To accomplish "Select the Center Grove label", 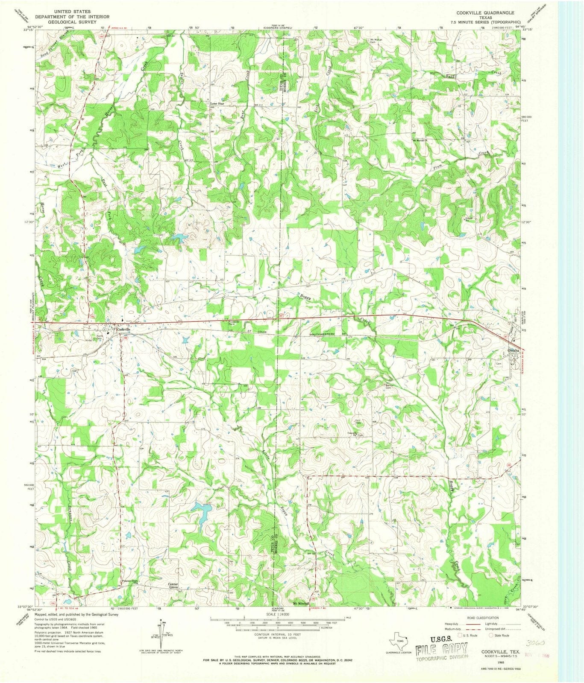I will pyautogui.click(x=173, y=586).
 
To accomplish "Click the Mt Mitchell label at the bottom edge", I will pyautogui.click(x=301, y=604).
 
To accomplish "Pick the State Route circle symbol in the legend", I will pyautogui.click(x=491, y=635).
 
